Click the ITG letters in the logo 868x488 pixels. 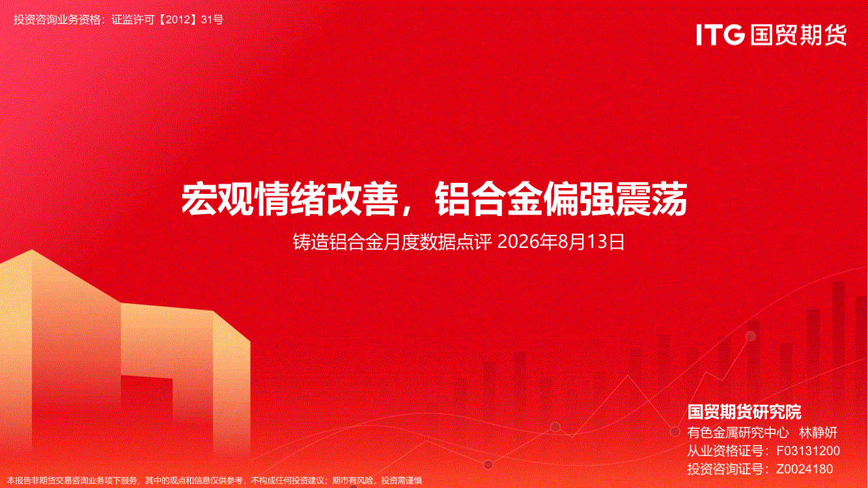[720, 35]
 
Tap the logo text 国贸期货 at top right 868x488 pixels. [798, 35]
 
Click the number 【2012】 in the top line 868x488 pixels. [178, 20]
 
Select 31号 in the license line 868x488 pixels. [212, 20]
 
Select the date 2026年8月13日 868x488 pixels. [561, 242]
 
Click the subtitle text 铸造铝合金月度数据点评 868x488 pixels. [392, 242]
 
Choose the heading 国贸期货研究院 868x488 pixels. [744, 412]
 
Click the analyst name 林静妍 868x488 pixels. [818, 433]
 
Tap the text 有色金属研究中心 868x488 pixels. [738, 433]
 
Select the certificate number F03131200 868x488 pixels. [808, 451]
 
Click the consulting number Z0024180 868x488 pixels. [804, 469]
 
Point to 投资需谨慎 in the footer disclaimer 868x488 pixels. [402, 481]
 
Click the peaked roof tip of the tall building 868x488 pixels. [32, 250]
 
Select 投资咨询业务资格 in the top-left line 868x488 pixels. [57, 20]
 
